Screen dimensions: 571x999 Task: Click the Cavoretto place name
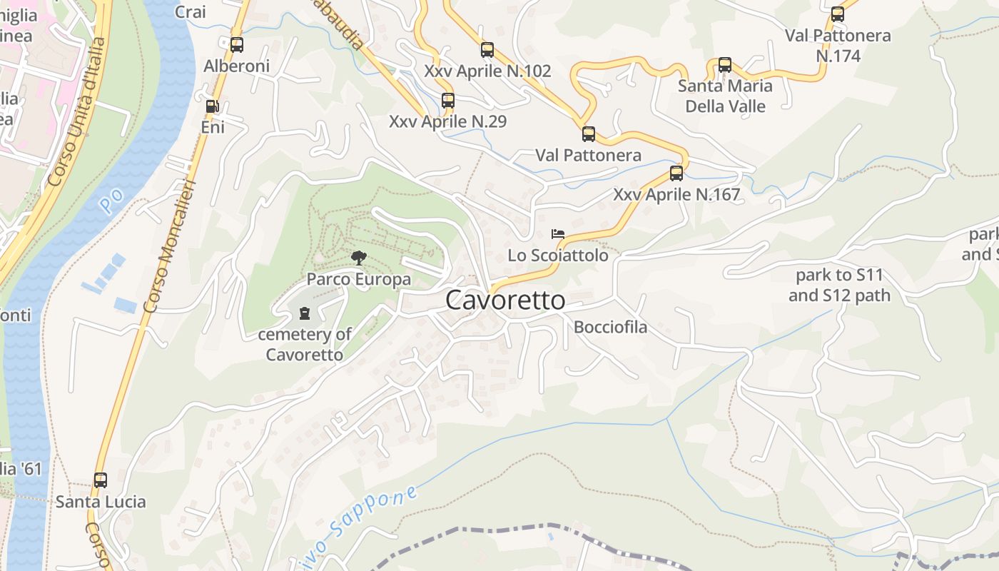coord(505,300)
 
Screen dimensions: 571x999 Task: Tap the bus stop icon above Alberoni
coord(237,45)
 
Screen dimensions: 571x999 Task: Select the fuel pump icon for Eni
coord(212,106)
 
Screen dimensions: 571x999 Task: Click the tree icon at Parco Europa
coord(359,258)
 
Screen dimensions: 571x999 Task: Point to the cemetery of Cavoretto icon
coord(305,313)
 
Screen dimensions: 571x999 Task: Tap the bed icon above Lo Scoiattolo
coord(558,234)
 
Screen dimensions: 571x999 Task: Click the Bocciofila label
coord(611,328)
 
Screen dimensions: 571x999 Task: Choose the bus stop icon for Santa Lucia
coord(101,480)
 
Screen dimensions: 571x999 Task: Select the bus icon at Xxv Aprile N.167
coord(676,173)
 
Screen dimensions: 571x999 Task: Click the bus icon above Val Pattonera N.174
coord(838,14)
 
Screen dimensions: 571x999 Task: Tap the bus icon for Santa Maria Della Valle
coord(725,65)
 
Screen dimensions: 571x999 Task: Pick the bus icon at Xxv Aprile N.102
coord(487,50)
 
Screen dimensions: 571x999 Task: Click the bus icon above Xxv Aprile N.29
coord(448,101)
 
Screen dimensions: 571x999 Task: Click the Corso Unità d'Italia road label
coord(76,113)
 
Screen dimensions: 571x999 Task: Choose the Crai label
coord(190,11)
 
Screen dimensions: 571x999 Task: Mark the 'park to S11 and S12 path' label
coord(839,285)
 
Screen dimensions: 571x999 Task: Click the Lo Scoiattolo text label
coord(558,255)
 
